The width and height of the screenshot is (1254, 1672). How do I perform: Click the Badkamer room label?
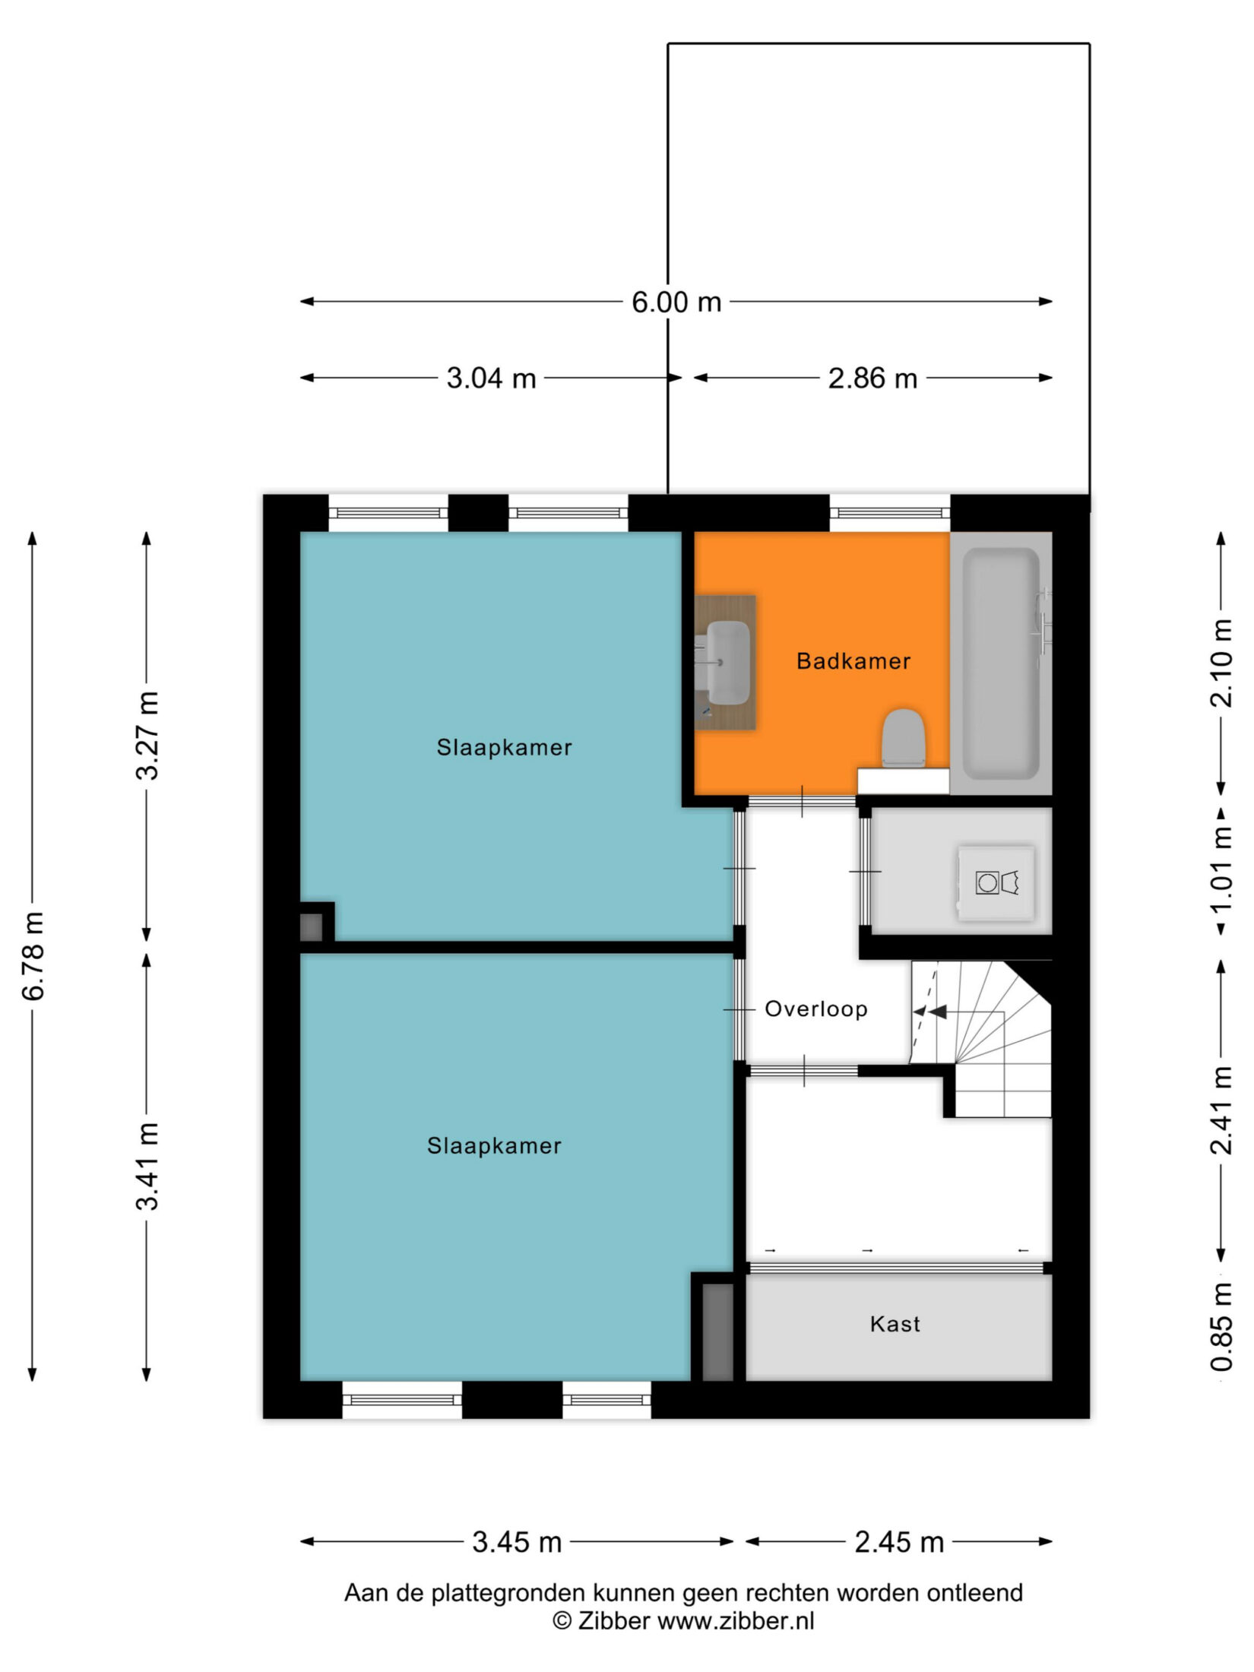pyautogui.click(x=853, y=661)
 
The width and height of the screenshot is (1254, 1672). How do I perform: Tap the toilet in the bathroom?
pyautogui.click(x=903, y=738)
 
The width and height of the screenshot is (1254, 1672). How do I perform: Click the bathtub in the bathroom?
pyautogui.click(x=1001, y=663)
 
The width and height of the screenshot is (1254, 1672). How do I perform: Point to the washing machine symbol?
pyautogui.click(x=996, y=883)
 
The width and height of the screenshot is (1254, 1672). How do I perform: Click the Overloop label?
pyautogui.click(x=815, y=1009)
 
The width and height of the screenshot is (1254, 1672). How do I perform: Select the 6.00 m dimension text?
pyautogui.click(x=676, y=302)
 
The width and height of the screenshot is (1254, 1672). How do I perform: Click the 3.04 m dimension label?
pyautogui.click(x=491, y=378)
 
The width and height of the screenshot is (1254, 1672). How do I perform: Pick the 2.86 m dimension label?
pyautogui.click(x=872, y=378)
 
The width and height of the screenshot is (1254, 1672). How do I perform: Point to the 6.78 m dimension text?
pyautogui.click(x=34, y=956)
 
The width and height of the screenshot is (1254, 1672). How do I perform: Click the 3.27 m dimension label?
pyautogui.click(x=147, y=736)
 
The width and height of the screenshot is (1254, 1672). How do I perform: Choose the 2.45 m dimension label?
pyautogui.click(x=899, y=1543)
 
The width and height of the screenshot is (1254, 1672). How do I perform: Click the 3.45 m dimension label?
pyautogui.click(x=517, y=1543)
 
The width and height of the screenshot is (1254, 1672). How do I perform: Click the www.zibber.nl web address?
pyautogui.click(x=736, y=1621)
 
